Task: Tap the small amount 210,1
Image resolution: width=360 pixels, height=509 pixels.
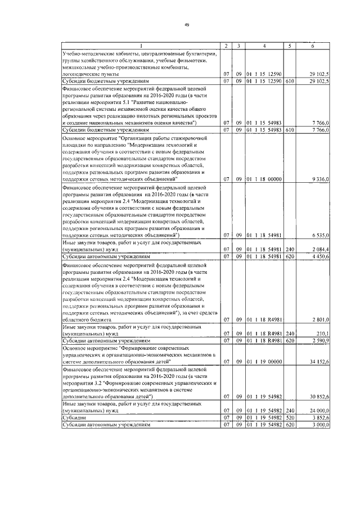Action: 321,333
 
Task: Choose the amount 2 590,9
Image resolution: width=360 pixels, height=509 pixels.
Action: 319,340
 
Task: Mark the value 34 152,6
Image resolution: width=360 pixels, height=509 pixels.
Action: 318,362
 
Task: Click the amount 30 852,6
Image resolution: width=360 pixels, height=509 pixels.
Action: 318,397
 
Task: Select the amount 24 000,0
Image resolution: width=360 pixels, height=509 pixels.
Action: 318,411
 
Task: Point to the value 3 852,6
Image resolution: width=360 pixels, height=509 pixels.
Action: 319,418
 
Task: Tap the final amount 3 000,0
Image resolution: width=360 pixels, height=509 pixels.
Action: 319,425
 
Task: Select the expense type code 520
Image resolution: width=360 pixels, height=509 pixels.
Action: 290,418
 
